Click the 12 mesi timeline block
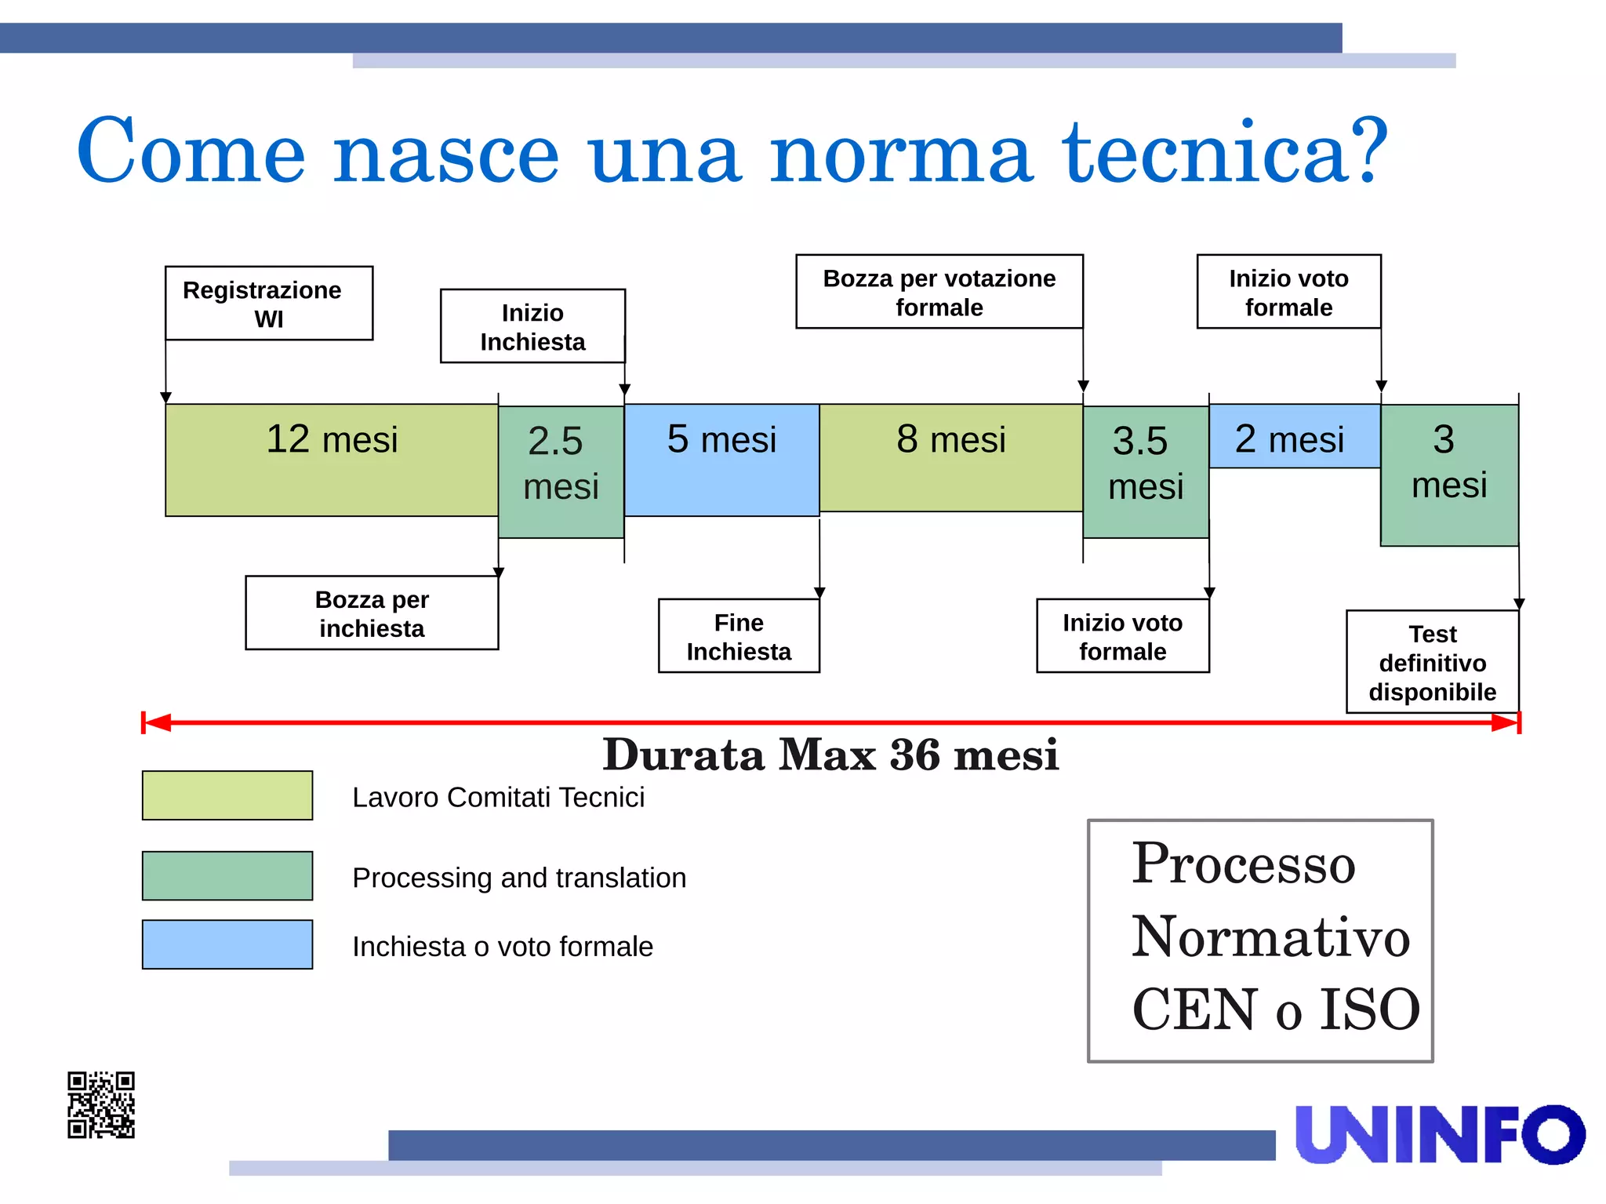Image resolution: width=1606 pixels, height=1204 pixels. (x=331, y=460)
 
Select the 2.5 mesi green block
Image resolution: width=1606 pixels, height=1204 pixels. (x=561, y=471)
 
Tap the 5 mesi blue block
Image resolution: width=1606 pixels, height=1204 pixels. (x=721, y=460)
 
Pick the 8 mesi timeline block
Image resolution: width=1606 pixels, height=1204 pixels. (x=950, y=458)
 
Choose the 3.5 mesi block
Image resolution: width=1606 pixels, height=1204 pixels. (x=1146, y=471)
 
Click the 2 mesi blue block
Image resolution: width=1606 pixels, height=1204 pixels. (x=1294, y=437)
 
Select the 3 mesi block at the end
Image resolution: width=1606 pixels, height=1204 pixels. (x=1449, y=475)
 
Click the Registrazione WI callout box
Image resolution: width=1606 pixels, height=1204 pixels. (x=268, y=304)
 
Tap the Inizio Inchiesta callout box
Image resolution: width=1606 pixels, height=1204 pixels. (x=532, y=326)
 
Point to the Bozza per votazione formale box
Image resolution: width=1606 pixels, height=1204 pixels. (x=939, y=292)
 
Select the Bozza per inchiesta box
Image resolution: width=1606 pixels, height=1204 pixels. (x=372, y=613)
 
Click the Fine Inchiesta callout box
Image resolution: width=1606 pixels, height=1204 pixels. (x=739, y=636)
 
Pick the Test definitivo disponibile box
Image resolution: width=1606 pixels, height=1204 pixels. (x=1432, y=662)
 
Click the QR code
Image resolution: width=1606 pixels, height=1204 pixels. (x=101, y=1104)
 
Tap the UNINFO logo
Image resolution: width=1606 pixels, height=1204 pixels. (x=1440, y=1134)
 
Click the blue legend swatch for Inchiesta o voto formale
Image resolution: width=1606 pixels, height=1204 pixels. (x=227, y=944)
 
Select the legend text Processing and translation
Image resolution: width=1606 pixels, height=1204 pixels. (x=519, y=878)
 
